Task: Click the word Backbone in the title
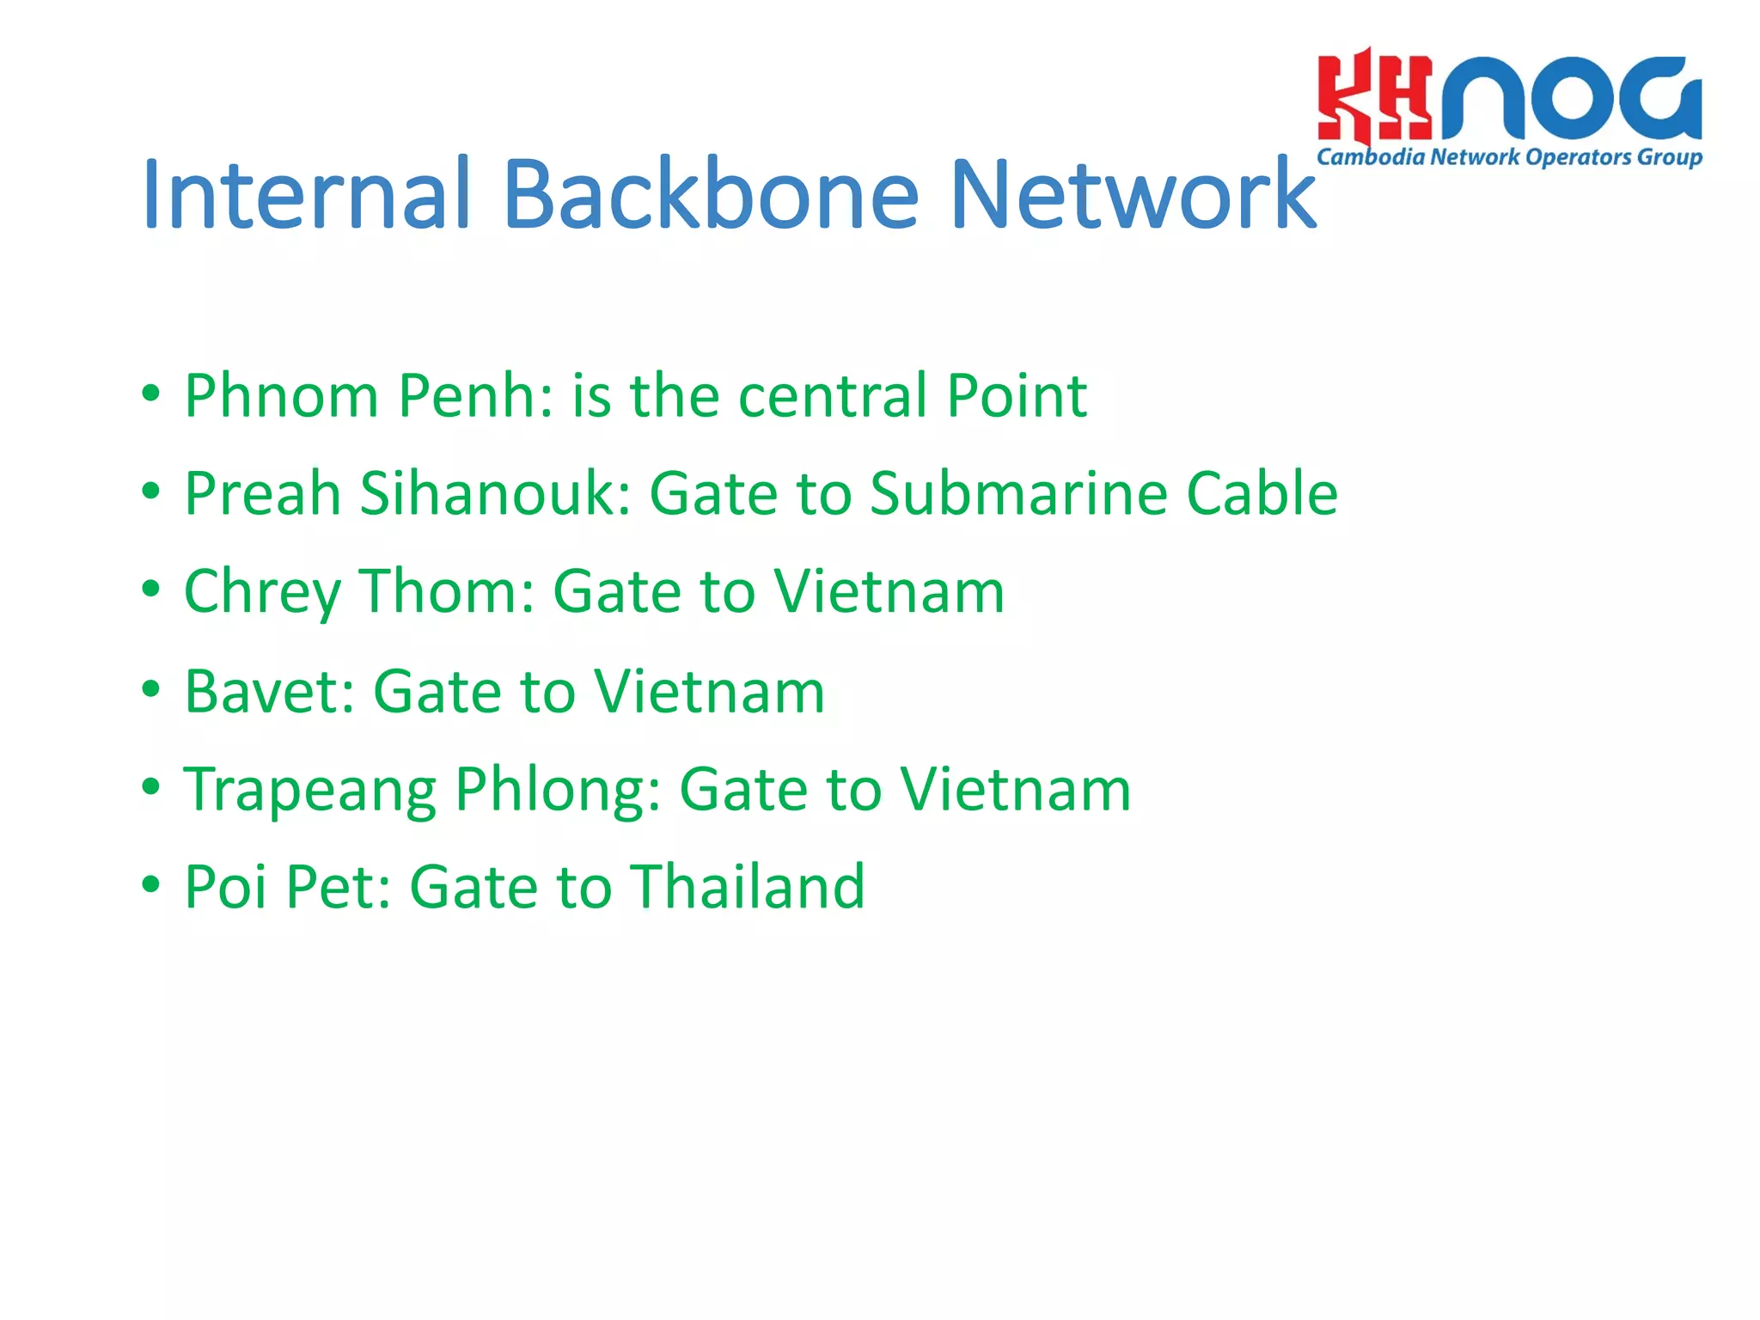point(711,196)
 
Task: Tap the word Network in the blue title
point(1133,196)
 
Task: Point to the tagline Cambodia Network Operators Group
point(1509,157)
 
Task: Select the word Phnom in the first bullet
point(281,397)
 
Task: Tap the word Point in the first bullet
point(1016,397)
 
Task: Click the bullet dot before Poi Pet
point(151,884)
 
